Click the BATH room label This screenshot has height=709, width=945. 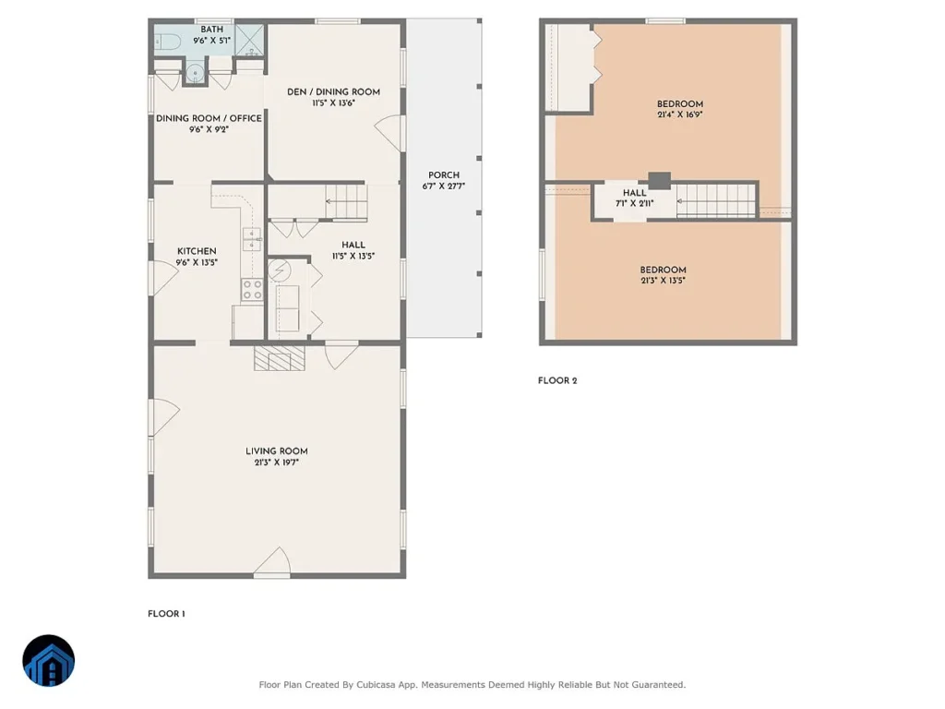(x=211, y=29)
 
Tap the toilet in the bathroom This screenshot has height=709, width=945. (x=168, y=42)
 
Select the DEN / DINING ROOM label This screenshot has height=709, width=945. (x=333, y=91)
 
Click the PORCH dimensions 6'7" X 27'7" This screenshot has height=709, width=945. (x=444, y=186)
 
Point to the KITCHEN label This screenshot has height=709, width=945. (x=197, y=251)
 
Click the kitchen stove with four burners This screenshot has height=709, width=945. (x=253, y=289)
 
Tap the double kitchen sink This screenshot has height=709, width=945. (x=252, y=239)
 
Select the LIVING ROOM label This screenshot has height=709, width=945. (x=277, y=451)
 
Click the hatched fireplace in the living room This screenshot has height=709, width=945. (x=279, y=358)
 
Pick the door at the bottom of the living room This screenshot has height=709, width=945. (x=272, y=562)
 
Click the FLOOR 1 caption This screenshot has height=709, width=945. (x=166, y=614)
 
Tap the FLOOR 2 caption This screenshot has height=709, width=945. (x=557, y=380)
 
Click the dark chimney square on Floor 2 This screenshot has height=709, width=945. (x=659, y=180)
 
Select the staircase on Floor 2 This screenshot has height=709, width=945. (x=716, y=200)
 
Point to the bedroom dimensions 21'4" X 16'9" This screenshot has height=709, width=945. (x=680, y=114)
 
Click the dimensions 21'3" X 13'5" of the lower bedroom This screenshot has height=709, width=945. (x=663, y=281)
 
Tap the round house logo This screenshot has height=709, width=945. (x=49, y=660)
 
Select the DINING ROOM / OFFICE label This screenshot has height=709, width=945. (x=209, y=118)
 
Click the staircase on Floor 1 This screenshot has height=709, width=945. (x=347, y=201)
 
